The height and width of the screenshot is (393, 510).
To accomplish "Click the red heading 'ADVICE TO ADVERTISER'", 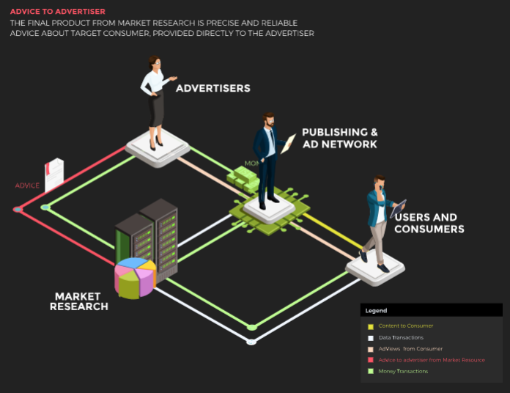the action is pos(57,12).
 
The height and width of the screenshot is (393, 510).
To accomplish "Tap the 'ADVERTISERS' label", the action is pos(212,89).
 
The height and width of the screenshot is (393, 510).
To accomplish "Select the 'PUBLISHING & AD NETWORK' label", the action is pos(340,139).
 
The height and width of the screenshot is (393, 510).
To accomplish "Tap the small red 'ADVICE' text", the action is pos(27,186).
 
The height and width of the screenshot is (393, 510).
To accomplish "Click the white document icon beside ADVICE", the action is pos(53,175).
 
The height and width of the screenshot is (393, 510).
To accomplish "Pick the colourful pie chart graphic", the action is pos(135,277).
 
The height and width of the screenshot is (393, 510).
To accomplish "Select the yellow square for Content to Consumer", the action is pos(371,326).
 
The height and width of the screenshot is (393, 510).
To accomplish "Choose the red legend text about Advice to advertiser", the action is pos(432,360).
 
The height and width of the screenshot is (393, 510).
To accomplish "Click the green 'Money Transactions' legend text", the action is pos(404,371).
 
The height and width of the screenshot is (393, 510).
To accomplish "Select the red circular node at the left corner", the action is pos(18,210).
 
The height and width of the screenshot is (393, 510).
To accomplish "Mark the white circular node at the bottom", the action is pos(251,342).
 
